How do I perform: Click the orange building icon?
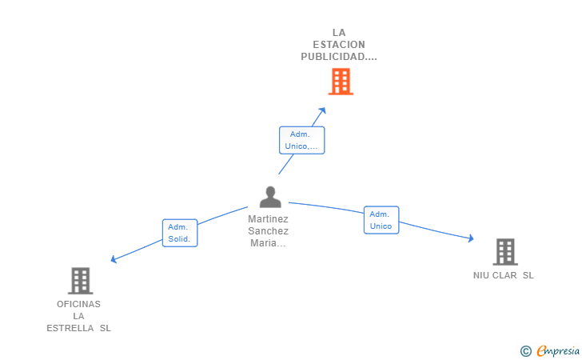click(341, 82)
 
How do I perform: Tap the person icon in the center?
click(270, 197)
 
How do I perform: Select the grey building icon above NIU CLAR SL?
click(505, 251)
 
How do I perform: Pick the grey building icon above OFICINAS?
click(81, 281)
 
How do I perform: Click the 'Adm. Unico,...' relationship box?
click(301, 140)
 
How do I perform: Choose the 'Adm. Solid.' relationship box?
click(180, 233)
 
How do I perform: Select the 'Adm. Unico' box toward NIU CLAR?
click(381, 220)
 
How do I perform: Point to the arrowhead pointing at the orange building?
click(322, 110)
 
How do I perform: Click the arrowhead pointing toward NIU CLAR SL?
click(471, 238)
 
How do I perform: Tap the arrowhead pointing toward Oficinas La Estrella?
click(114, 259)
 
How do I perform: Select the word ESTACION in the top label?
click(339, 45)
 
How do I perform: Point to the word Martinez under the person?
click(268, 219)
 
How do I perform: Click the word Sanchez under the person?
click(268, 231)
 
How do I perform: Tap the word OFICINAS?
click(78, 304)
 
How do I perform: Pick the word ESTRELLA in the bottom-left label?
click(70, 329)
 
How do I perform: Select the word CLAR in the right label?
click(504, 276)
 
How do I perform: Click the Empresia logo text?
click(558, 350)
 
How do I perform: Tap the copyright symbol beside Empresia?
click(525, 351)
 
